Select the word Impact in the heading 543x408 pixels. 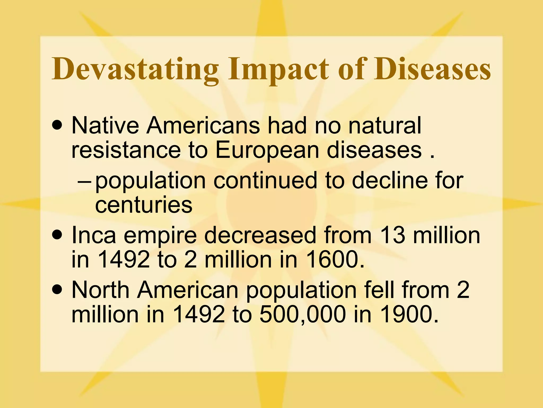278,70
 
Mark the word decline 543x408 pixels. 390,181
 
